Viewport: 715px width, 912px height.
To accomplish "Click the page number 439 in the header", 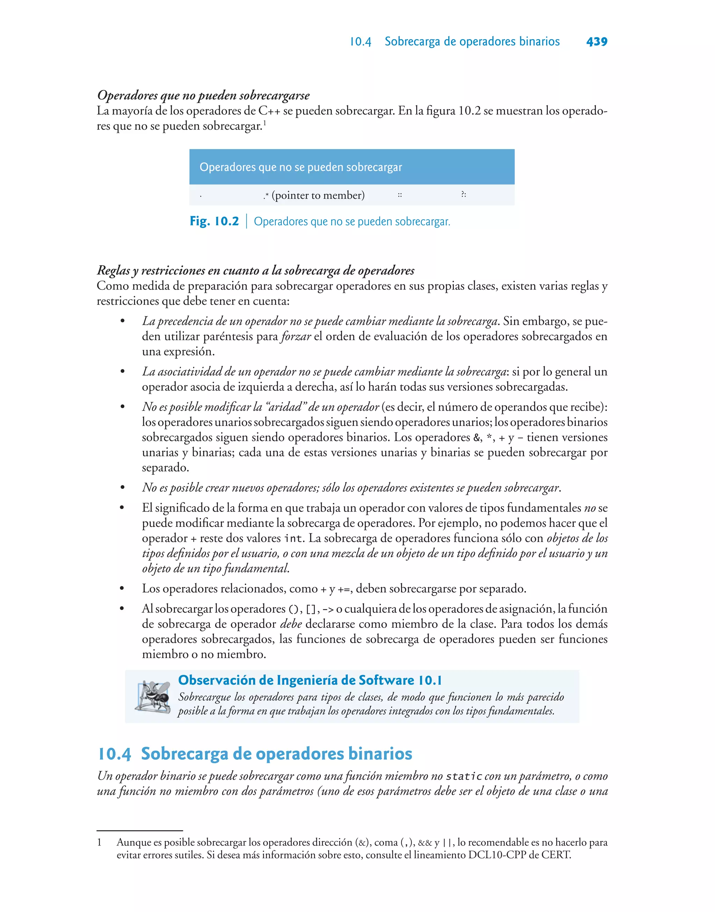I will tap(597, 42).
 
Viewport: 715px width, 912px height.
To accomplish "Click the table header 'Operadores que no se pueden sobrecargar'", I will tap(301, 167).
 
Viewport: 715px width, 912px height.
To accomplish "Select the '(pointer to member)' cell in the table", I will tap(318, 195).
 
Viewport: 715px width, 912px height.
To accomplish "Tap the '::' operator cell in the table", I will tap(400, 195).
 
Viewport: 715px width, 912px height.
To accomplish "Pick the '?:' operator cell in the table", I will tap(463, 194).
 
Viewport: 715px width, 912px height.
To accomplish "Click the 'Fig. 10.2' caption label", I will tap(214, 221).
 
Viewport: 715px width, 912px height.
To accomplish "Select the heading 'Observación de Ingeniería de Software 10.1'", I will tap(310, 680).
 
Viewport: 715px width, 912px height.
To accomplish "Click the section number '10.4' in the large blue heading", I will tap(114, 754).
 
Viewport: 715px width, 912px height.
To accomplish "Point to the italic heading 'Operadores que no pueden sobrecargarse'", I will tap(204, 95).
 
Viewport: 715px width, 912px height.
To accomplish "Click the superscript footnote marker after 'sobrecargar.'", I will tap(265, 123).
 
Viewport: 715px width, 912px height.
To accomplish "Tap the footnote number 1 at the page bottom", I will tap(99, 842).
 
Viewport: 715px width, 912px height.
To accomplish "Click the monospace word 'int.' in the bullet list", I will tap(294, 538).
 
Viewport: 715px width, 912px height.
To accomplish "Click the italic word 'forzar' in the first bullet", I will tap(296, 337).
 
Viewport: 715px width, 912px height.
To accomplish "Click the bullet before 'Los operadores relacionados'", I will tap(122, 588).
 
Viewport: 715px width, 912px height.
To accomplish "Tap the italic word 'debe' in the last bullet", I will tap(291, 624).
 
